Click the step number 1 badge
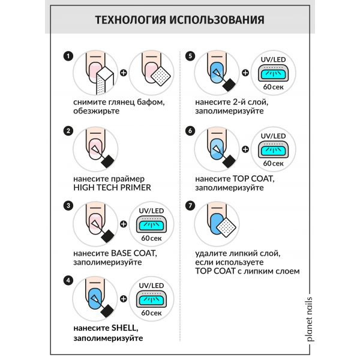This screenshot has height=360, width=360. pos(68,56)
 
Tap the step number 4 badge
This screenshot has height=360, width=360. pos(68,280)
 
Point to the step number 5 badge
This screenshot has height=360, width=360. pos(191,56)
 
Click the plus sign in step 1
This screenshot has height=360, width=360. pos(124,74)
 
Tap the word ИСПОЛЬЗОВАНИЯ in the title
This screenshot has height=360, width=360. pos(221,20)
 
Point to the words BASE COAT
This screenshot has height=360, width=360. pos(125,253)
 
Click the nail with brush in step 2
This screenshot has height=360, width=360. pos(93,149)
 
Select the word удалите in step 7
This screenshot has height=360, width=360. pos(209,253)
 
